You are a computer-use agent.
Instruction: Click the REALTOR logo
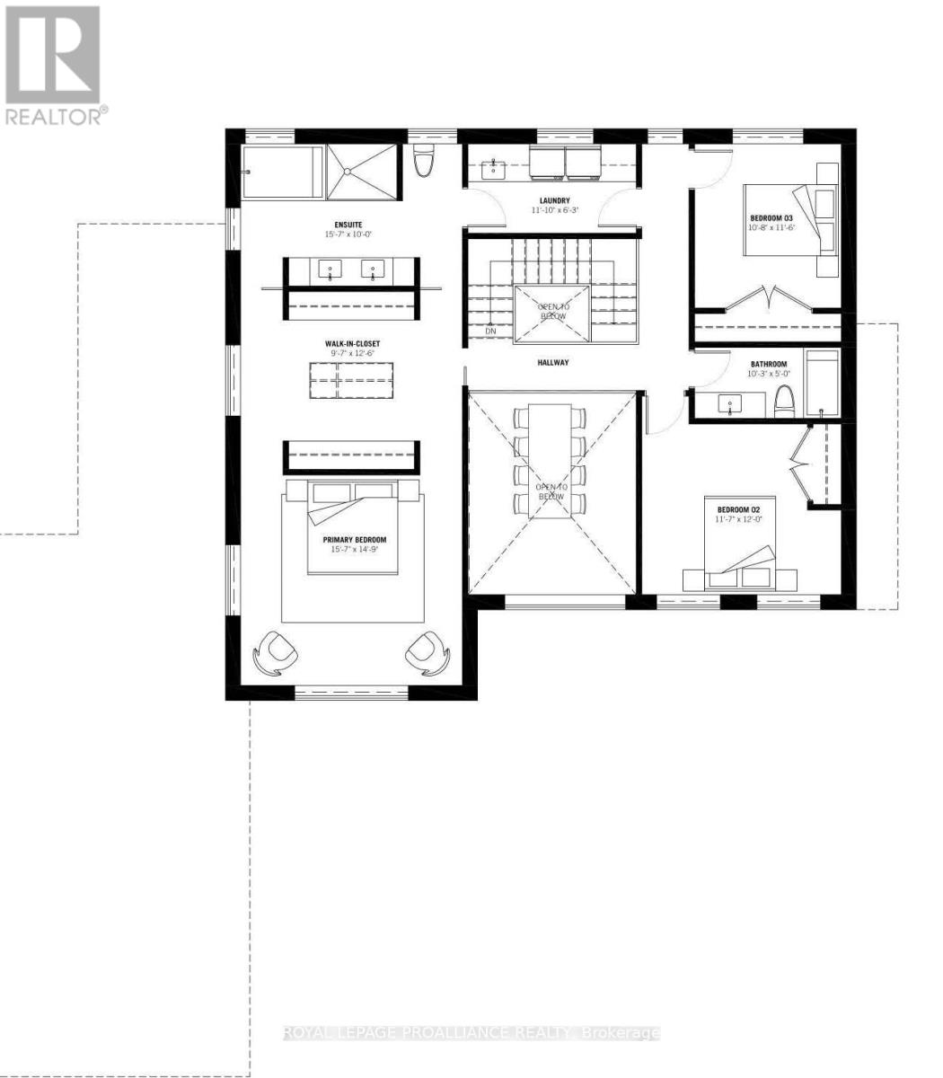pyautogui.click(x=53, y=65)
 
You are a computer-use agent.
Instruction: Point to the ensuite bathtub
pyautogui.click(x=282, y=172)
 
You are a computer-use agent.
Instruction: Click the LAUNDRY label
pyautogui.click(x=554, y=200)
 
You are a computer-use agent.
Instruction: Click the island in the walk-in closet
pyautogui.click(x=352, y=381)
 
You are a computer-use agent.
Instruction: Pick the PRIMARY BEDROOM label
pyautogui.click(x=355, y=540)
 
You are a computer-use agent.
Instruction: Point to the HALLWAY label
pyautogui.click(x=554, y=363)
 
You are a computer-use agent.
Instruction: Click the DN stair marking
pyautogui.click(x=489, y=331)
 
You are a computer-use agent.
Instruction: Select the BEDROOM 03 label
pyautogui.click(x=771, y=218)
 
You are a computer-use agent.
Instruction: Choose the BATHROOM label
pyautogui.click(x=768, y=364)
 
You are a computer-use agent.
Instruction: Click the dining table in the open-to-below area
pyautogui.click(x=551, y=460)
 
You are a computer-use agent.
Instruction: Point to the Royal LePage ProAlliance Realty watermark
pyautogui.click(x=471, y=1033)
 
